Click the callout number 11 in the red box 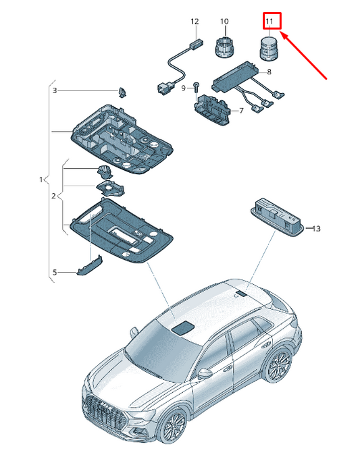coord(269,22)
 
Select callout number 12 coord(195,22)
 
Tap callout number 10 coord(224,22)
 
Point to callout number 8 coord(269,72)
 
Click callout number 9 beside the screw coord(184,88)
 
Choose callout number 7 coord(241,111)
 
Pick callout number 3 coord(55,90)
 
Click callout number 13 coord(316,229)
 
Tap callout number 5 coord(55,272)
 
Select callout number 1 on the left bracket coord(41,180)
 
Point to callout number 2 coord(53,196)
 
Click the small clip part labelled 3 coord(122,92)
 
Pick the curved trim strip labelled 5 coord(90,265)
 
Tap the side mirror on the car coord(205,373)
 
